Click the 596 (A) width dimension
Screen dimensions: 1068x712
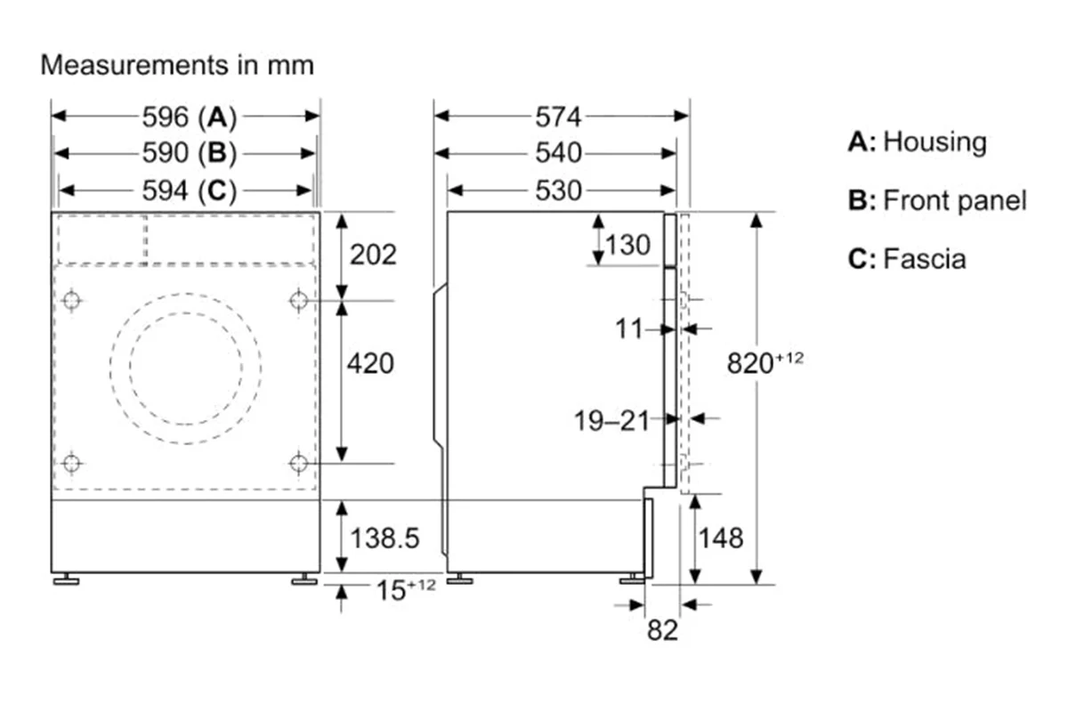click(x=190, y=117)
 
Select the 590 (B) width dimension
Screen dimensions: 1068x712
click(x=190, y=153)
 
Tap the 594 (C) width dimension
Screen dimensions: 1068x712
click(x=190, y=190)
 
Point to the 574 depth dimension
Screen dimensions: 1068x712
click(x=558, y=117)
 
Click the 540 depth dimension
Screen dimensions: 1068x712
click(x=558, y=153)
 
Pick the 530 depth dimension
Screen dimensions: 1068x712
click(x=558, y=190)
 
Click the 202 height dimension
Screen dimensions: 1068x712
click(x=373, y=255)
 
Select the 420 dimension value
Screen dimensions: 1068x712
click(x=370, y=364)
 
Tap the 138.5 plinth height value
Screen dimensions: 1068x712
click(x=384, y=538)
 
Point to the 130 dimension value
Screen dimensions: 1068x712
click(x=627, y=245)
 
